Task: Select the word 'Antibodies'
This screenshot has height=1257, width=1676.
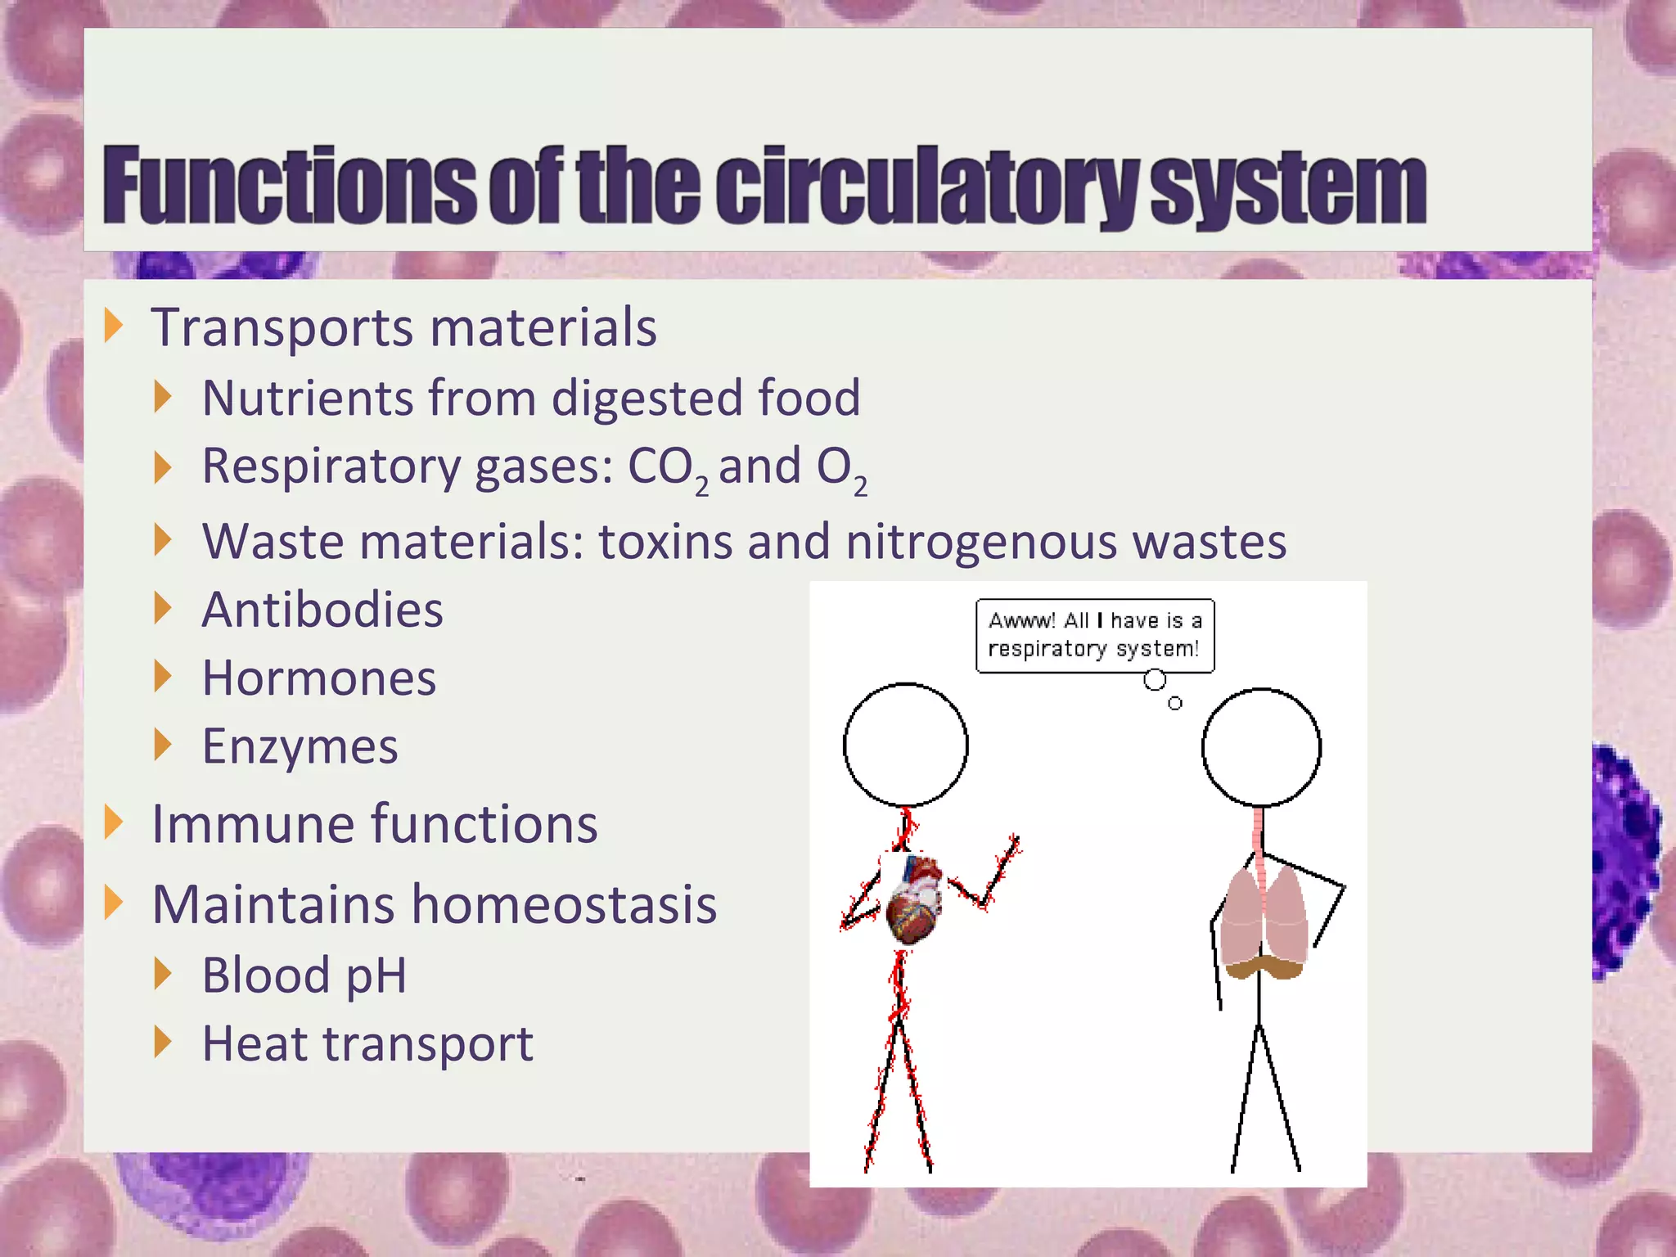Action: [322, 610]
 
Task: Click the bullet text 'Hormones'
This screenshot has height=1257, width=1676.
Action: [319, 678]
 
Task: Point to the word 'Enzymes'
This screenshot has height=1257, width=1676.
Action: [300, 746]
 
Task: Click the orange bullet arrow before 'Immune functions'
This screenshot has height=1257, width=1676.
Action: [114, 822]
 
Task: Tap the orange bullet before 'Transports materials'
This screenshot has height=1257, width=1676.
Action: [114, 326]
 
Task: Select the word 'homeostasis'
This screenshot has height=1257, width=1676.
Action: [564, 905]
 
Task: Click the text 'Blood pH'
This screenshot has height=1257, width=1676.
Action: [304, 975]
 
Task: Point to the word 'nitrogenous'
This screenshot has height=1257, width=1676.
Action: [981, 542]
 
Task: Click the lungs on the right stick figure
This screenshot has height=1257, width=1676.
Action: [1263, 921]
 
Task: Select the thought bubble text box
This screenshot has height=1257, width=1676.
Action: [1094, 636]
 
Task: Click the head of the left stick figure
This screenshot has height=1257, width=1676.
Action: [906, 745]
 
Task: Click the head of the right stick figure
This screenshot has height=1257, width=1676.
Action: [1261, 747]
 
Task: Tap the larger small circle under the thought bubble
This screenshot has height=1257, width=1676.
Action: [1155, 680]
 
